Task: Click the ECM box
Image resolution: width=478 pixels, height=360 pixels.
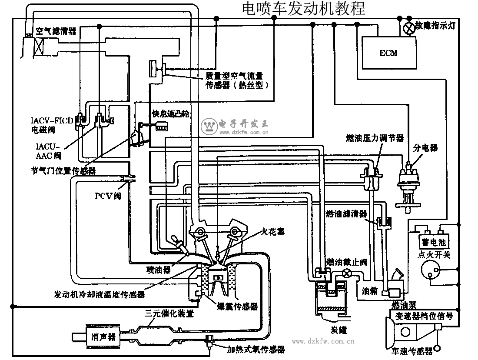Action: coord(388,53)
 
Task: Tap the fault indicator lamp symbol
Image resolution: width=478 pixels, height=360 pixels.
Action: coord(409,27)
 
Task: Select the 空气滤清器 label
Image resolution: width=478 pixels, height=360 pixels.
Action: coord(56,31)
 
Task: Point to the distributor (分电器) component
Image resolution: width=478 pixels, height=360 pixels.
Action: coord(408,183)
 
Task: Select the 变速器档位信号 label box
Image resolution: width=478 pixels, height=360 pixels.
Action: coord(422,316)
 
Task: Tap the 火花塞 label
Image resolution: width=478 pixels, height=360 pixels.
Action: coord(273,232)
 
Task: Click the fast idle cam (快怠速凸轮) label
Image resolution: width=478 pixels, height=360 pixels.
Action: coord(171,114)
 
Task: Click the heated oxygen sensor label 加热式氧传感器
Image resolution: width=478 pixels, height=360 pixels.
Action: coord(256,349)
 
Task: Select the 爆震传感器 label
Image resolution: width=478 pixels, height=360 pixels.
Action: coord(237,307)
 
